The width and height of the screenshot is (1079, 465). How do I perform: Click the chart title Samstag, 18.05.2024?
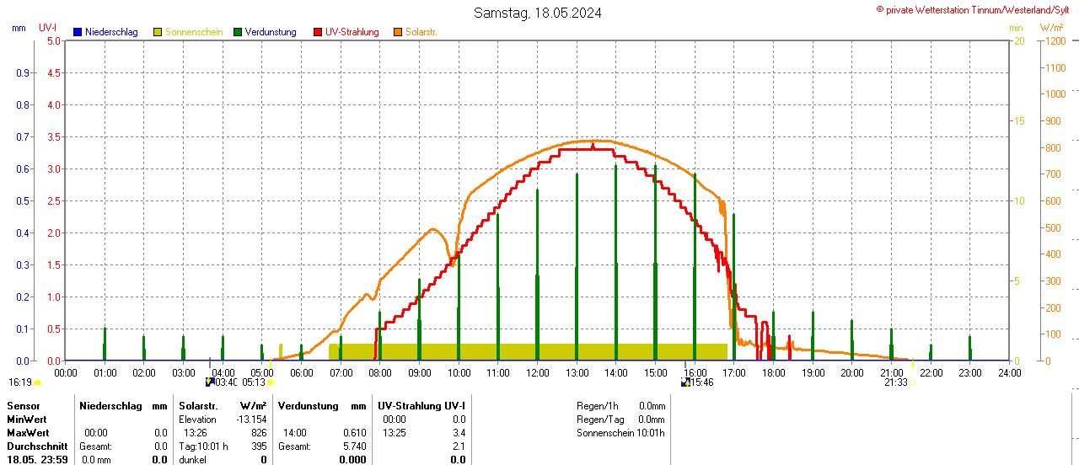(538, 13)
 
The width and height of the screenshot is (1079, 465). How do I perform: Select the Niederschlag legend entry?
(105, 32)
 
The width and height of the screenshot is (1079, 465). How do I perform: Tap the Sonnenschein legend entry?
(188, 32)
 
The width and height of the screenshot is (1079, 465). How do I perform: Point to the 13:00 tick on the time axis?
(577, 372)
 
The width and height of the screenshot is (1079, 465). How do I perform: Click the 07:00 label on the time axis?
(341, 372)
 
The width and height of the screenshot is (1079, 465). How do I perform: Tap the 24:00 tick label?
(1009, 372)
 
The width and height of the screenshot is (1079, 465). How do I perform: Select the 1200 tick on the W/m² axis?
(1055, 40)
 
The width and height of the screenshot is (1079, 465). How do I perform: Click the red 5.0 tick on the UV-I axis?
(53, 40)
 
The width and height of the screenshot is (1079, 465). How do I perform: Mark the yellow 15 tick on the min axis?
(1018, 120)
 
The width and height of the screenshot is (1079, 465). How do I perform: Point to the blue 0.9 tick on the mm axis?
(23, 72)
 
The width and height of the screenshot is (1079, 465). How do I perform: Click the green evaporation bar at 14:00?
(616, 261)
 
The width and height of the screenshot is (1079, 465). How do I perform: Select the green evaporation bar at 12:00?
(537, 274)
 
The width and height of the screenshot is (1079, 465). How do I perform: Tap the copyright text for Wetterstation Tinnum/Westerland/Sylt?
(976, 9)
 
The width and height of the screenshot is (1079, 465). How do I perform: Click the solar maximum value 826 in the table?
(258, 432)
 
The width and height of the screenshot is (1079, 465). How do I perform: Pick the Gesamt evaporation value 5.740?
(354, 446)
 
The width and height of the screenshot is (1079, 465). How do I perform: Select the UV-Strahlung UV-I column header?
(421, 406)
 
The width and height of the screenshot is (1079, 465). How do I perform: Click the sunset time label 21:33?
(895, 382)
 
